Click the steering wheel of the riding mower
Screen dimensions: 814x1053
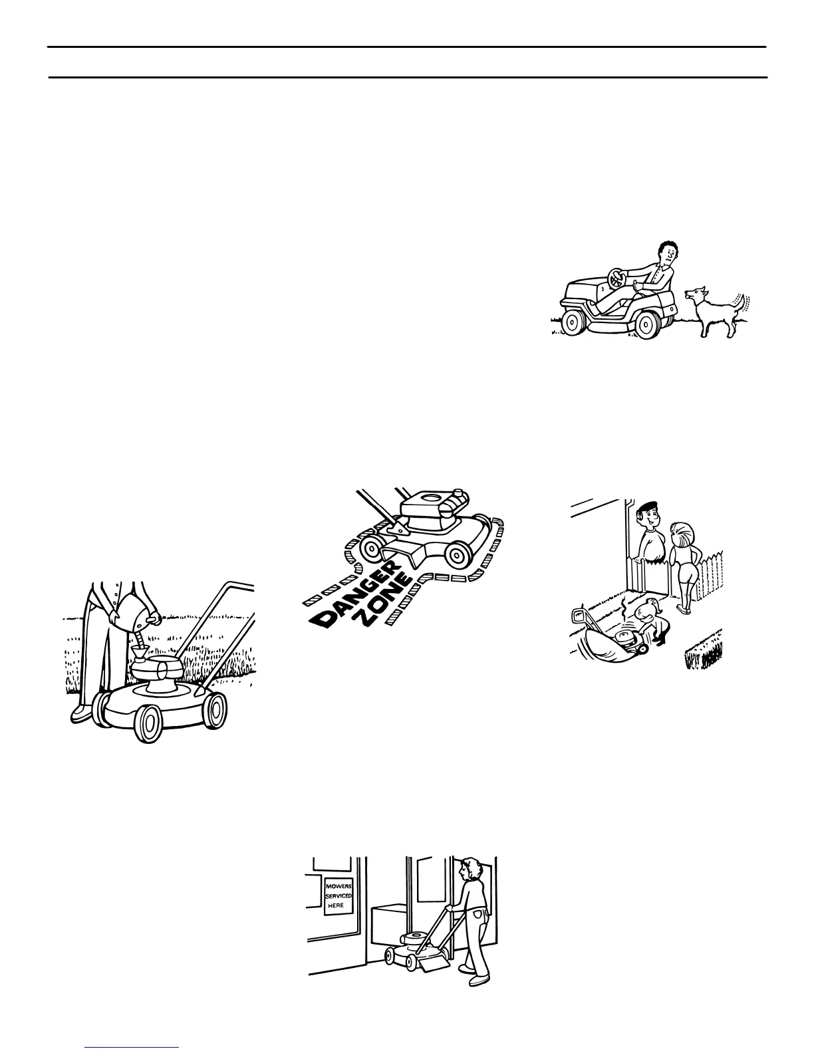617,279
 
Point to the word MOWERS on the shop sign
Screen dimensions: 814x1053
338,886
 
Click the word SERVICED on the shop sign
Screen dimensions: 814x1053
338,896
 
